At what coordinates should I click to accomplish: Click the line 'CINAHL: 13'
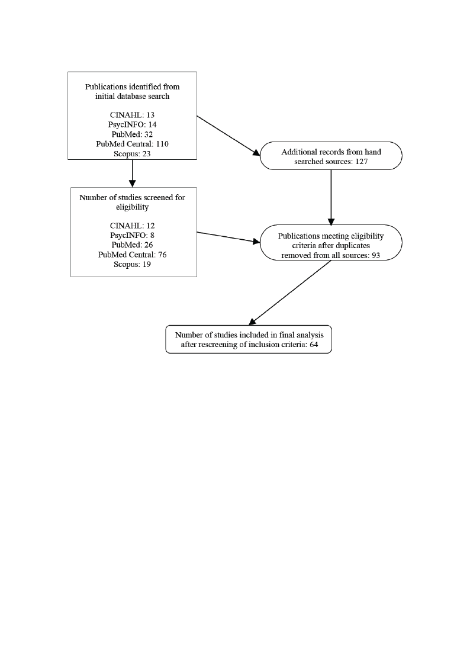coord(132,115)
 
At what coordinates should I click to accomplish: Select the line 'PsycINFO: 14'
coord(132,125)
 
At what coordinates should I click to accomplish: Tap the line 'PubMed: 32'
coord(132,134)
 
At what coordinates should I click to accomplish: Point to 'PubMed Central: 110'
coord(132,144)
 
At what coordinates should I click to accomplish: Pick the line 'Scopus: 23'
coord(132,153)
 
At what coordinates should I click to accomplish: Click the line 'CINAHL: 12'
coord(132,226)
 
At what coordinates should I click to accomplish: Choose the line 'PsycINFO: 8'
coord(132,235)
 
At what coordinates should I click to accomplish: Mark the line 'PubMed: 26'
coord(132,245)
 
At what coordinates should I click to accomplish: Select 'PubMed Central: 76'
coord(132,255)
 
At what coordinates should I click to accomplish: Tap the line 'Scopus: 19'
coord(132,265)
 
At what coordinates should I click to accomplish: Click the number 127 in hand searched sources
coord(362,162)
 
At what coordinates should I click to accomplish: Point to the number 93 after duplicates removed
coord(375,256)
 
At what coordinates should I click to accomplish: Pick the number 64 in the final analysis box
coord(314,345)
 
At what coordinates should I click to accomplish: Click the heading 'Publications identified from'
coord(132,87)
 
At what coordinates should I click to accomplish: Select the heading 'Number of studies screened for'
coord(132,198)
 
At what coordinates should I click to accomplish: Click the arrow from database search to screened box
coord(132,174)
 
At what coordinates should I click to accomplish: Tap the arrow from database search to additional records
coord(228,136)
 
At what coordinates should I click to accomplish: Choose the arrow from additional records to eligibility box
coord(331,198)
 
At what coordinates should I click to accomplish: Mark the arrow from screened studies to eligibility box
coord(228,237)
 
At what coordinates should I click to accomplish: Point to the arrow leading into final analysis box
coord(290,293)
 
